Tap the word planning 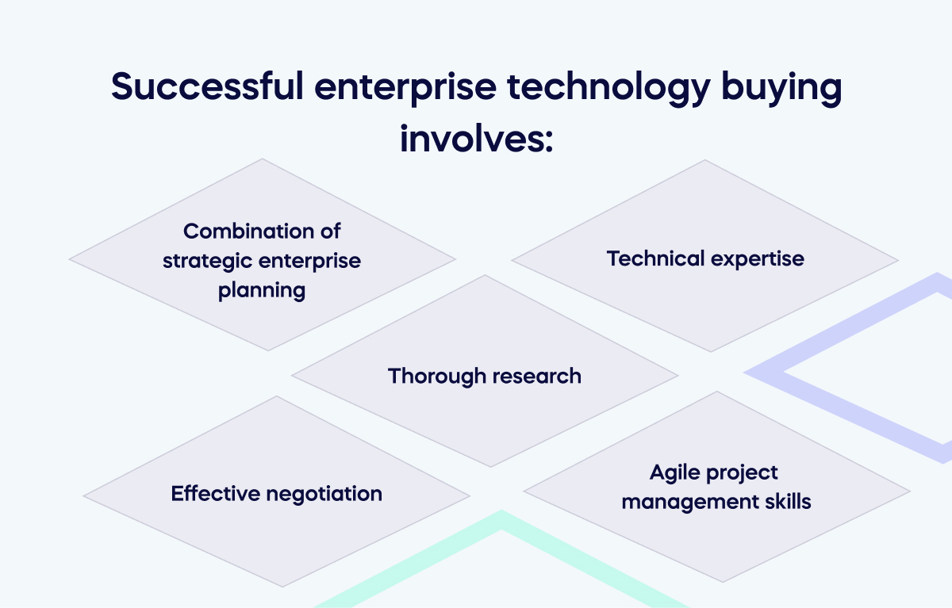[x=262, y=290]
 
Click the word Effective [x=215, y=493]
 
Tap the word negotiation [x=324, y=494]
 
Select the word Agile [x=674, y=473]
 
